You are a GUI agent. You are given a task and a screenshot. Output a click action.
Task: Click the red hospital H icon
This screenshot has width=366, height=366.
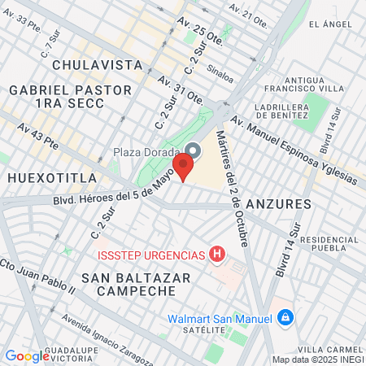pyautogui.click(x=216, y=255)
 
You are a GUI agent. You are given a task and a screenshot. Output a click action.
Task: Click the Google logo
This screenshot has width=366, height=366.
pyautogui.click(x=27, y=355)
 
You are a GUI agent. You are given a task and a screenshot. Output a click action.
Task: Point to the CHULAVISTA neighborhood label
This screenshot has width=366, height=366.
pyautogui.click(x=92, y=63)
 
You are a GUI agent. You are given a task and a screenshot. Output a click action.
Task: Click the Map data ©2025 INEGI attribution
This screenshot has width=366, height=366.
pyautogui.click(x=317, y=359)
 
